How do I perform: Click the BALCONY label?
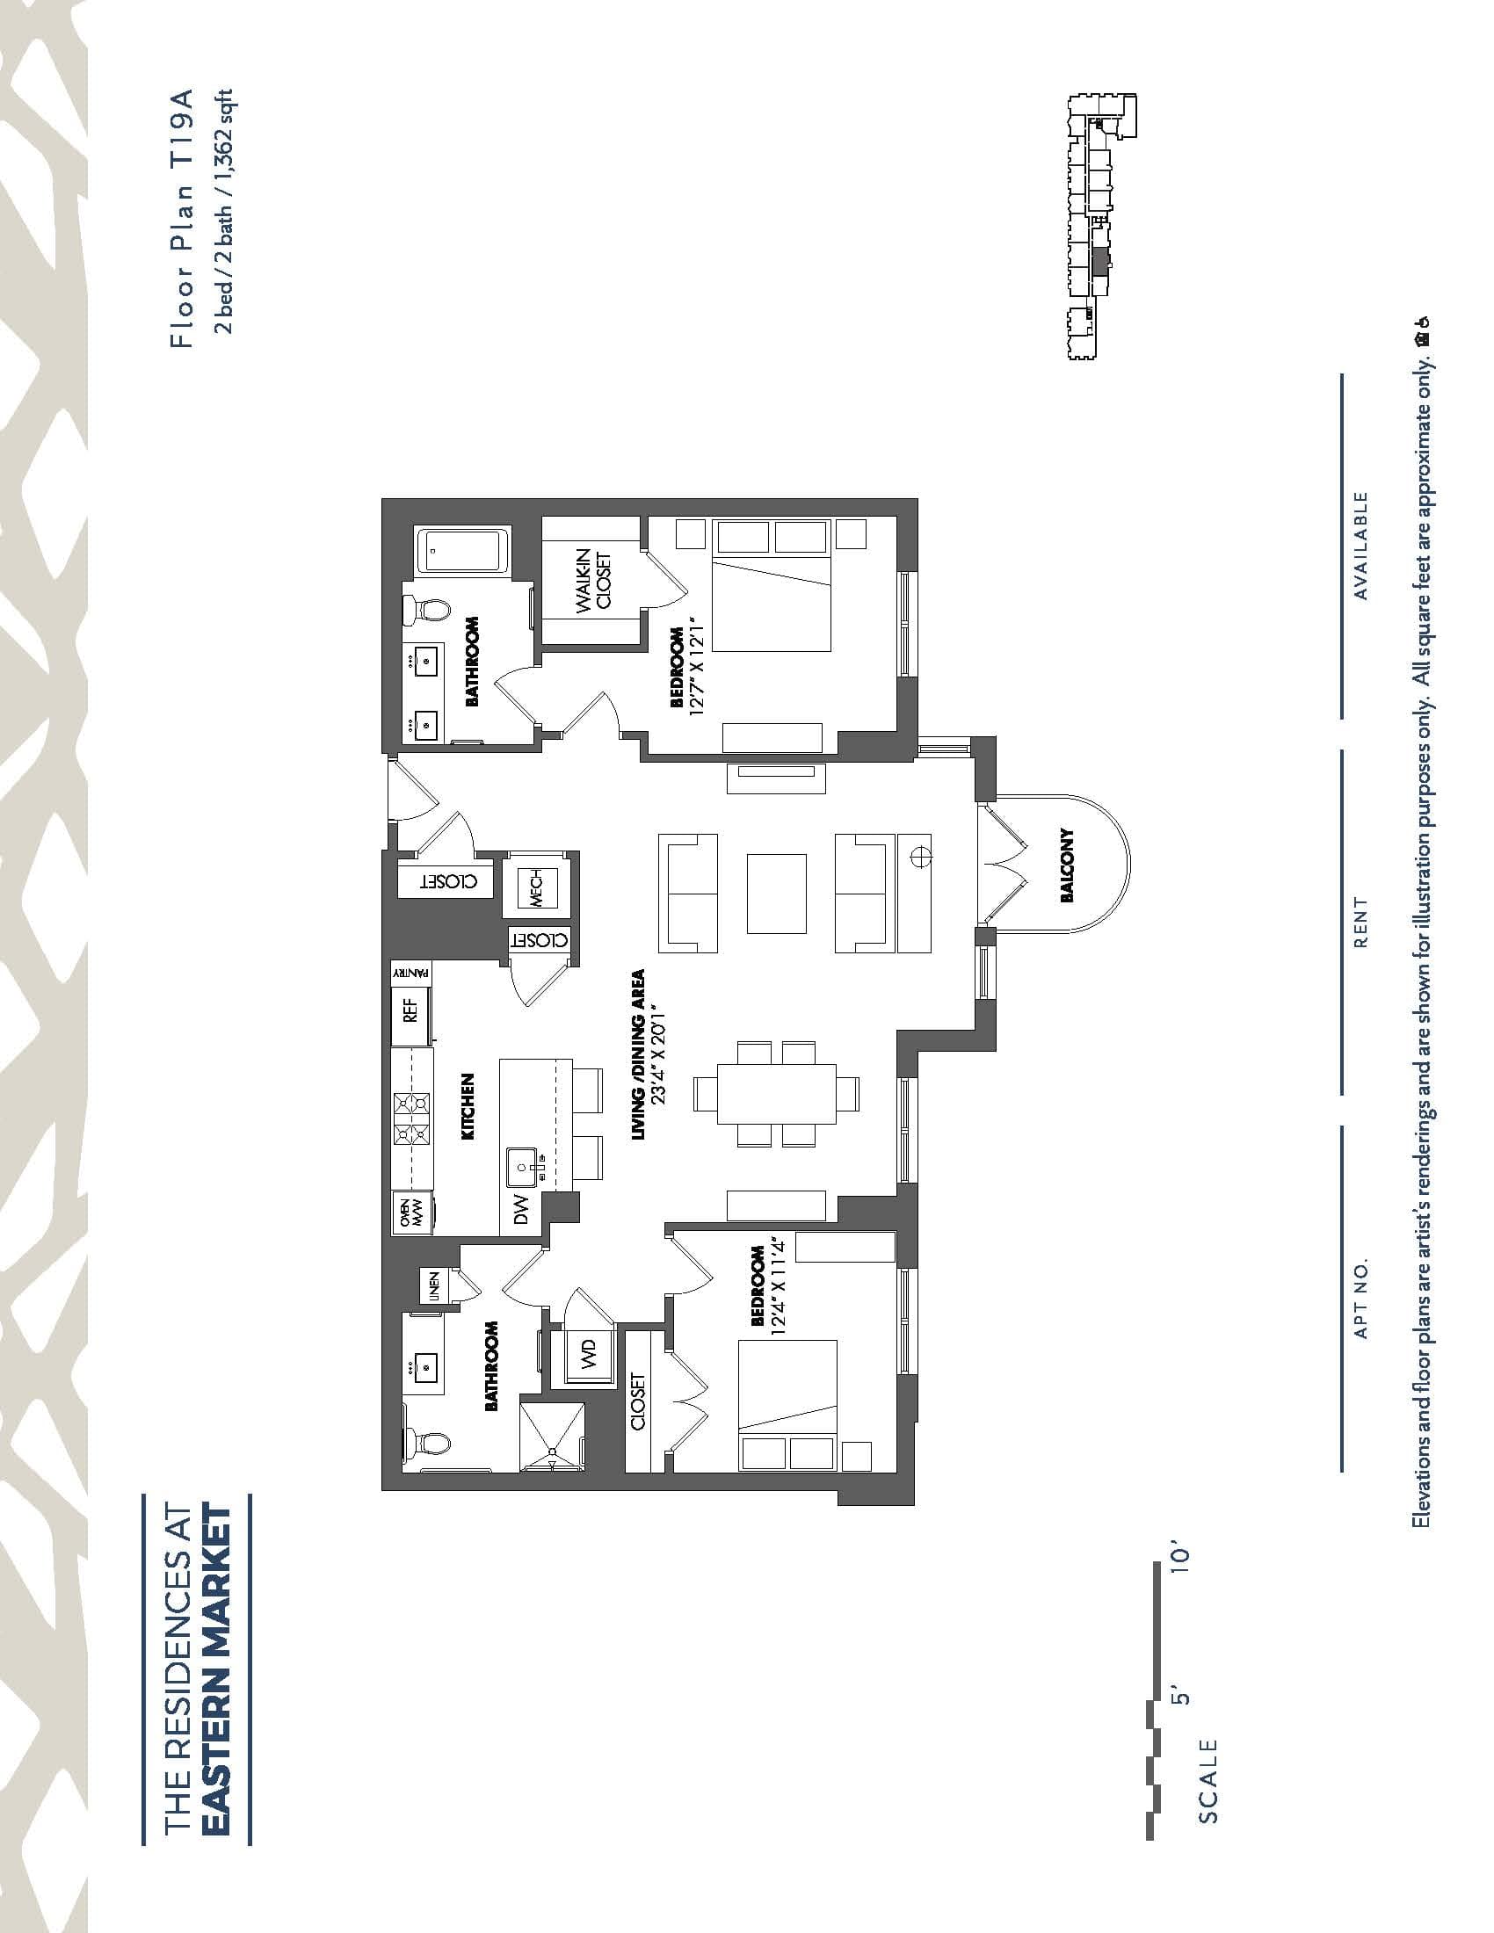pyautogui.click(x=1068, y=865)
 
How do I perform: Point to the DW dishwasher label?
pyautogui.click(x=521, y=1209)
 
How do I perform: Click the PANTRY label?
pyautogui.click(x=411, y=971)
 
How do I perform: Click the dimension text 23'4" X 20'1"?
pyautogui.click(x=656, y=1054)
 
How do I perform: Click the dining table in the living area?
pyautogui.click(x=776, y=1093)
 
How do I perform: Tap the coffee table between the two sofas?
pyautogui.click(x=776, y=893)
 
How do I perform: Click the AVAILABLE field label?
pyautogui.click(x=1361, y=547)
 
